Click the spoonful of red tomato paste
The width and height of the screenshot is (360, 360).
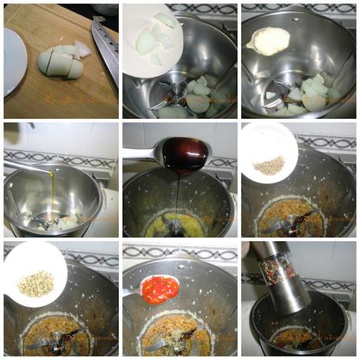click(160, 289)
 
